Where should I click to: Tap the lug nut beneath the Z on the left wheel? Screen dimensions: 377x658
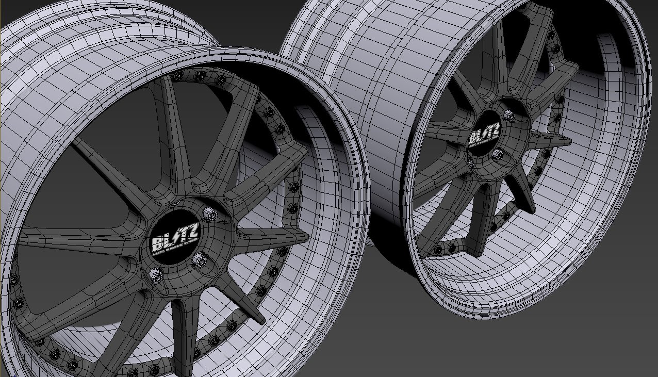click(198, 261)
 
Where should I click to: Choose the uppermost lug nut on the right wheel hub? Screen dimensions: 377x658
click(508, 116)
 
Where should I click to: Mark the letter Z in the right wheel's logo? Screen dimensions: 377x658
click(495, 129)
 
